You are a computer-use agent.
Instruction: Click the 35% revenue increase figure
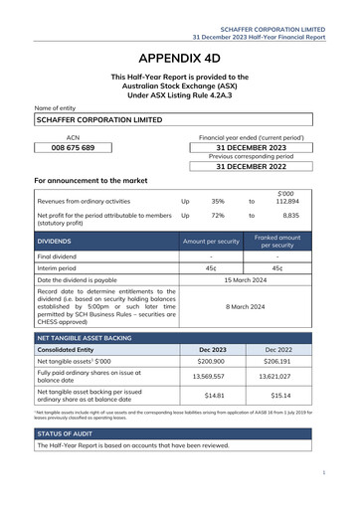(x=218, y=201)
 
